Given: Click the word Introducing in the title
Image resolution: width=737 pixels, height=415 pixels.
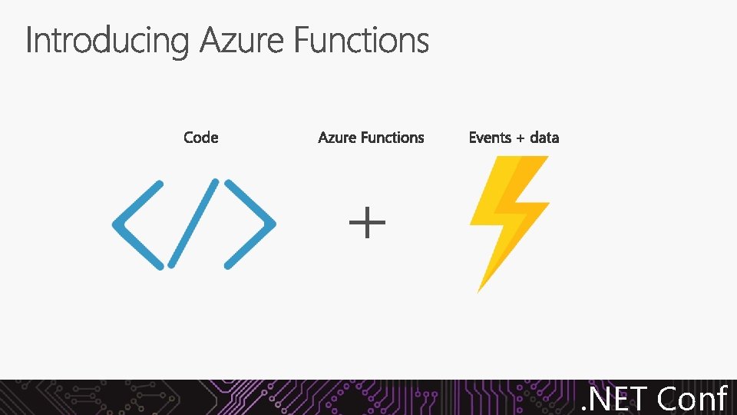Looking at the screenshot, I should [x=106, y=40].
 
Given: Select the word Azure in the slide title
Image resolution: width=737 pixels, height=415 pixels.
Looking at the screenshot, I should [x=242, y=40].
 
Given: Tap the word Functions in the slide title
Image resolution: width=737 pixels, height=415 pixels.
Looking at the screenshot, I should [x=361, y=40].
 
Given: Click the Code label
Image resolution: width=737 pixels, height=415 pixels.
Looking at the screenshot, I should [x=201, y=138].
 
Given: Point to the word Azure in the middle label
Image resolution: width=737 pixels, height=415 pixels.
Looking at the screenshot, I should [x=337, y=138].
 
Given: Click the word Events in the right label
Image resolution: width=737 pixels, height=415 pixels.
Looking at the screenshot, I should [x=490, y=138].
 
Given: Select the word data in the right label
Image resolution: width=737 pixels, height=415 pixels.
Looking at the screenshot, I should [x=544, y=138].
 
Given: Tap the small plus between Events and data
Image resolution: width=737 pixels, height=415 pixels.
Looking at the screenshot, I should [x=521, y=138].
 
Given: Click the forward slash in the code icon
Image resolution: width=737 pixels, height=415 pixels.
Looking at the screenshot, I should [x=194, y=223].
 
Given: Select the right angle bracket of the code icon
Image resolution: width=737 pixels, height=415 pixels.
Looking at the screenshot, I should [x=249, y=224].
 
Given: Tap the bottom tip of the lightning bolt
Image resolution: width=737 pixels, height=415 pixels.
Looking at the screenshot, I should [x=479, y=290].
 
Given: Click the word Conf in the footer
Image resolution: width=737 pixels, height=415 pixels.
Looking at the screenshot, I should [x=692, y=399].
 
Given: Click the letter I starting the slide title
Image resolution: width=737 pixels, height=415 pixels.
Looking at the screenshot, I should [x=29, y=40].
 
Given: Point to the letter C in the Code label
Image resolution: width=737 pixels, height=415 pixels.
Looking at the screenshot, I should [x=190, y=138].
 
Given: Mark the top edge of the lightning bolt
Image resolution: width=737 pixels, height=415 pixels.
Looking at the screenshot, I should [x=522, y=158].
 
